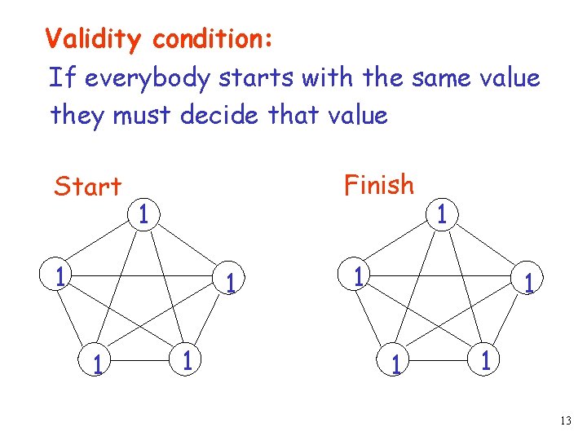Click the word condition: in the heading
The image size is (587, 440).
[x=214, y=38]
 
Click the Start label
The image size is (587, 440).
[x=87, y=187]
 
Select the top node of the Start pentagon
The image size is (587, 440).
[x=143, y=217]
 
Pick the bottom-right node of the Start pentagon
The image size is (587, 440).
[x=188, y=360]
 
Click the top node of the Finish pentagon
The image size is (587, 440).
[x=440, y=215]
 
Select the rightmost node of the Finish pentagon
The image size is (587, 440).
[x=529, y=283]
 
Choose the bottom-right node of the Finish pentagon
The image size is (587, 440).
[x=486, y=360]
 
